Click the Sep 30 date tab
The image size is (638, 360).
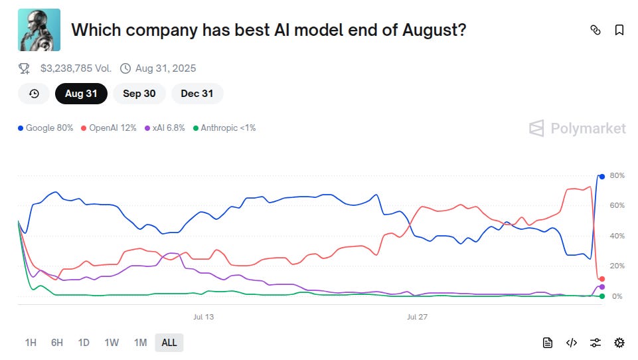(139, 94)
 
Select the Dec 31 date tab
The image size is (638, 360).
(197, 94)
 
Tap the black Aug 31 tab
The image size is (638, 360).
(81, 94)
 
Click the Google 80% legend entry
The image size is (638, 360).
(46, 128)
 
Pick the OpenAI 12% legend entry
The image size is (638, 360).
(109, 128)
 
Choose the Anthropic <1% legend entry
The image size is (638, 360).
(224, 128)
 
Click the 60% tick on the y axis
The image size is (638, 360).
(617, 206)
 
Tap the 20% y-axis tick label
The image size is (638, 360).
(617, 266)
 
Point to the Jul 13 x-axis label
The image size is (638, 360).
(203, 317)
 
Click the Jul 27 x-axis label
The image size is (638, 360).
(417, 317)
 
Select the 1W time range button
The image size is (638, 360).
(112, 343)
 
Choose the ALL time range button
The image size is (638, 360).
(169, 343)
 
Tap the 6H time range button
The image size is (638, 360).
(57, 343)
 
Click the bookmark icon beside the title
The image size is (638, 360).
(619, 30)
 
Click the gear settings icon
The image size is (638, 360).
(619, 343)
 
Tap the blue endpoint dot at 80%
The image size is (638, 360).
(602, 176)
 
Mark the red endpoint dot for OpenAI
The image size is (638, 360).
(602, 279)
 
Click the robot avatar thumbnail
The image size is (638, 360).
(39, 30)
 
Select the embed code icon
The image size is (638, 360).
(572, 343)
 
